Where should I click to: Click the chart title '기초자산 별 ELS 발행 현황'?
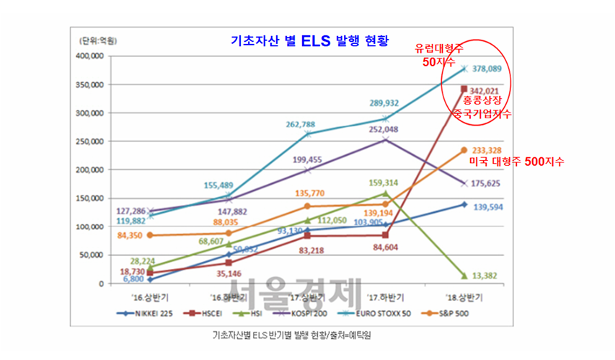point(308,41)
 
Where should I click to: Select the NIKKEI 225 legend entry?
point(146,314)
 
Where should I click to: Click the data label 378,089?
point(487,69)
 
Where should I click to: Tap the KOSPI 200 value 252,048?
point(384,130)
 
